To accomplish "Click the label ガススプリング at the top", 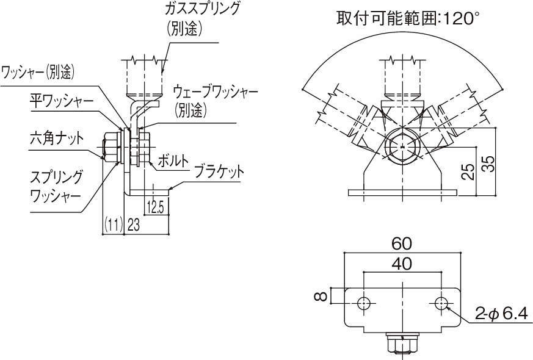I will pos(203,10).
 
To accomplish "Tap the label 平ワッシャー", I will pos(62,100).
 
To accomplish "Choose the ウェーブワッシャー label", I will pos(216,92).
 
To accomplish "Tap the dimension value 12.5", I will pos(156,208).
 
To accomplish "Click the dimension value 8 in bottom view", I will pos(319,297).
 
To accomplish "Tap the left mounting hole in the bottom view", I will pos(363,303).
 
